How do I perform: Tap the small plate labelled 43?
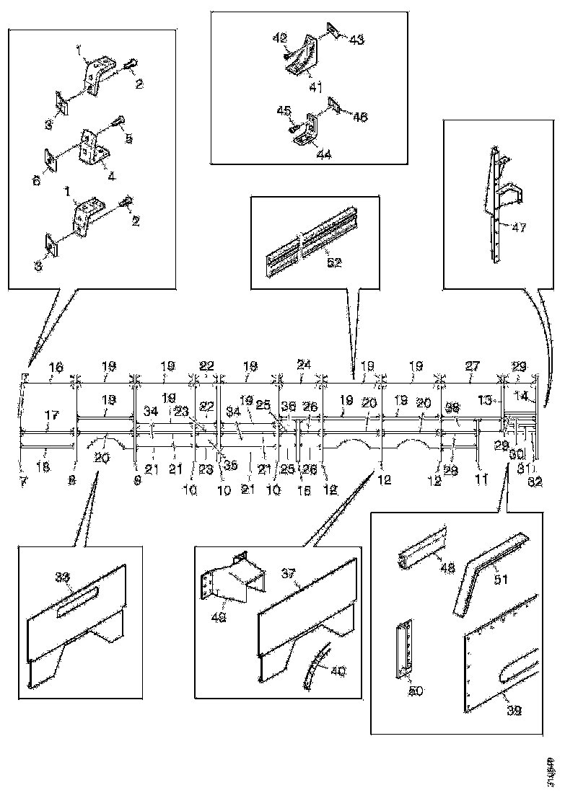point(334,30)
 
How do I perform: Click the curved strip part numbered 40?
point(312,668)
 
